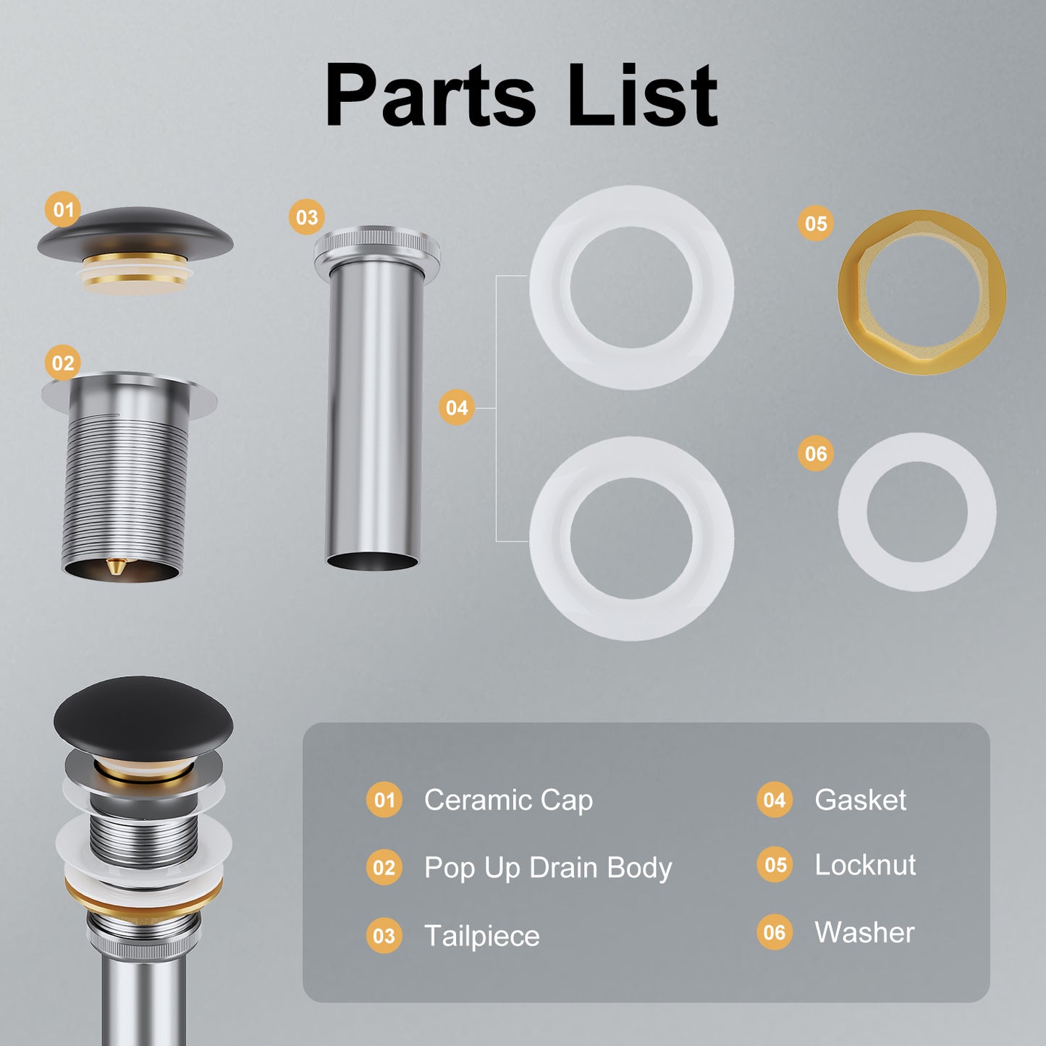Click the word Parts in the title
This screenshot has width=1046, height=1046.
[430, 95]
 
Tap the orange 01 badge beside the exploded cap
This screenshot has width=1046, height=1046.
[63, 209]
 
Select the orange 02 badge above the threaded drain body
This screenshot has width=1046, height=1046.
[63, 363]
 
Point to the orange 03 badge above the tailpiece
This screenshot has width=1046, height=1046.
[307, 217]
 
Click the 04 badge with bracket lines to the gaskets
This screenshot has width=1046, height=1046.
[457, 407]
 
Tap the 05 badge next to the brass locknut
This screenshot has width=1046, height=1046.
[815, 224]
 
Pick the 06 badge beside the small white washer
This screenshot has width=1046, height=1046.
[815, 453]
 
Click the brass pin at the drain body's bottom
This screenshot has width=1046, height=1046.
[114, 566]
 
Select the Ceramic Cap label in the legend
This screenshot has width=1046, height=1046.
[508, 800]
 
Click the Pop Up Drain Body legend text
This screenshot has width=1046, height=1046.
[548, 867]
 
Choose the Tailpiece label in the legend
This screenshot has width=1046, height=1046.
[482, 935]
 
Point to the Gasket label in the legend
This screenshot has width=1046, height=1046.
[861, 800]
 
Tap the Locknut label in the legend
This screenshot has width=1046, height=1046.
[865, 865]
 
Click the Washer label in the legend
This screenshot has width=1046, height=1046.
[865, 932]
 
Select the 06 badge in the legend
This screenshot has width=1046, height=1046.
[775, 932]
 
